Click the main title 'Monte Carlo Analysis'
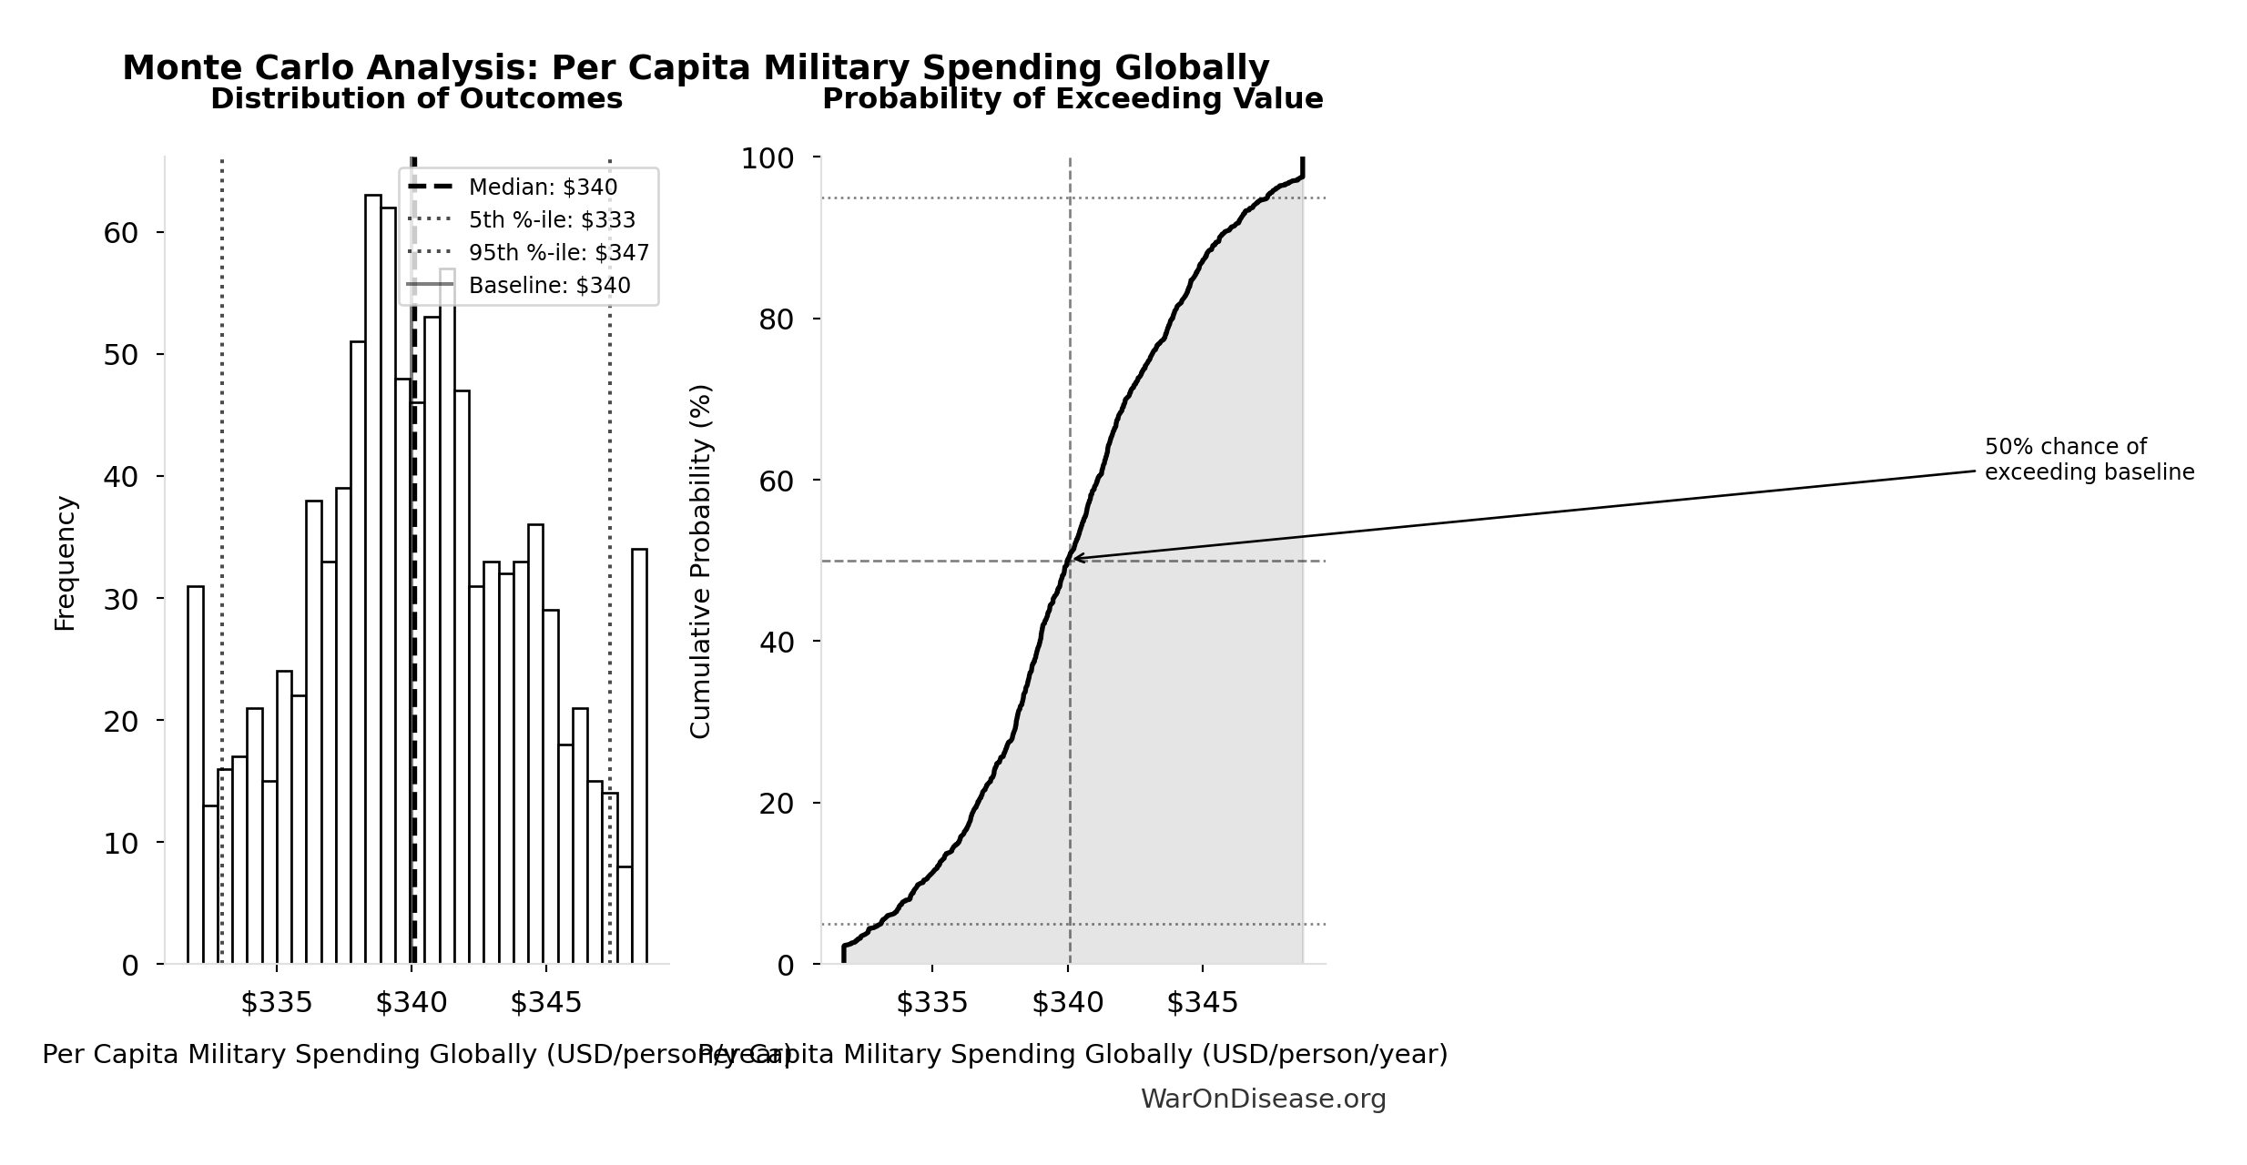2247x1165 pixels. coord(695,68)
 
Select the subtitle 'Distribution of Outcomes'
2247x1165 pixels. coord(416,99)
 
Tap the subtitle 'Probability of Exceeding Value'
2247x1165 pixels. coord(1072,99)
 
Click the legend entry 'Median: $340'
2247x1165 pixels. coord(543,187)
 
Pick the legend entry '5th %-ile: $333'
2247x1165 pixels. coord(552,220)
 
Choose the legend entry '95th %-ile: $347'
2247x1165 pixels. coord(558,253)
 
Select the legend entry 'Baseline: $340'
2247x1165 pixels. coord(549,286)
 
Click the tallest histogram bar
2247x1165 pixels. coord(373,582)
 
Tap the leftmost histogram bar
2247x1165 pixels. coord(196,774)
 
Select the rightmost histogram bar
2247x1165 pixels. coord(639,755)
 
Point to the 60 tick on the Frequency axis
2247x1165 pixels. coord(121,233)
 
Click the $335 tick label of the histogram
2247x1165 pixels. coord(276,1003)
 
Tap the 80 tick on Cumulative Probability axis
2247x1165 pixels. coord(777,319)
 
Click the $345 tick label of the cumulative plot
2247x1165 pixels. coord(1202,1003)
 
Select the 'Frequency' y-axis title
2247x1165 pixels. coord(66,562)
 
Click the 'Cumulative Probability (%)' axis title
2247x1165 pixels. coord(700,561)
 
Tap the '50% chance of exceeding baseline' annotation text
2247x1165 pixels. coord(2089,460)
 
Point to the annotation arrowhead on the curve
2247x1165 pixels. coord(1074,558)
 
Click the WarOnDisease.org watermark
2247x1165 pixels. coord(1263,1099)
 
